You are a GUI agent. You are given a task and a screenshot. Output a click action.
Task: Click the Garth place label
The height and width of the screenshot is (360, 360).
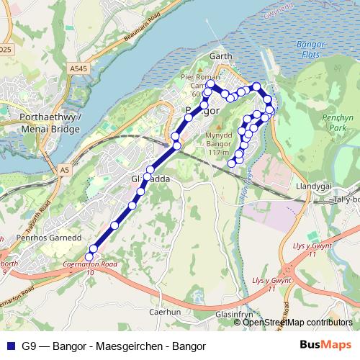217,55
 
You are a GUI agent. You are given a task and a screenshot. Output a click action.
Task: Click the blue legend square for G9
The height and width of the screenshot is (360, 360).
10,346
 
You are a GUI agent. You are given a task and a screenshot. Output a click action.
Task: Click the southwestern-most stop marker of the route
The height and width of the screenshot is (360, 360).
90,256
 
